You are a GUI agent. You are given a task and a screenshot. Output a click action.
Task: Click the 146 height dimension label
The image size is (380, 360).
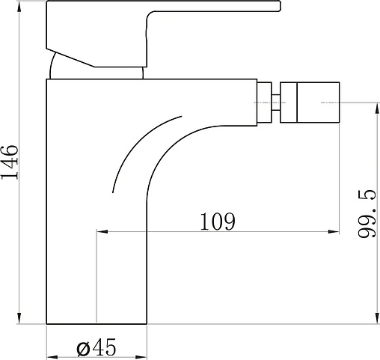tap(10, 162)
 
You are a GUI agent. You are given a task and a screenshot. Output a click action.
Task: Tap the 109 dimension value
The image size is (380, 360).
tap(218, 222)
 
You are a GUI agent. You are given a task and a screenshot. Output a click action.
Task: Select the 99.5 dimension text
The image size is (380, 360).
tap(367, 214)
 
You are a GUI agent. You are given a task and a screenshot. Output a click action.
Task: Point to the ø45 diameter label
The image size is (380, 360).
tap(96, 347)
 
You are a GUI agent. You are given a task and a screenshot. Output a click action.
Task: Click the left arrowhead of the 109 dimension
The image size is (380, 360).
tap(102, 232)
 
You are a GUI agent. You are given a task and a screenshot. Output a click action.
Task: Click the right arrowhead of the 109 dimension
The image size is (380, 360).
tap(334, 232)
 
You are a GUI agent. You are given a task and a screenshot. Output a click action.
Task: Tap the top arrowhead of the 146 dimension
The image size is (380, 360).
tap(19, 7)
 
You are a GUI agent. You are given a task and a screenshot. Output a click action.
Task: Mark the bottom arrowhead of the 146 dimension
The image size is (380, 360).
tap(19, 318)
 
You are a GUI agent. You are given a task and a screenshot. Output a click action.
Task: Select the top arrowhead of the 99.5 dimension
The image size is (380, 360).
tap(376, 108)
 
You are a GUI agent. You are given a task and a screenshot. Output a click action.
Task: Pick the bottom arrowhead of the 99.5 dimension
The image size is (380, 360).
tap(376, 318)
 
